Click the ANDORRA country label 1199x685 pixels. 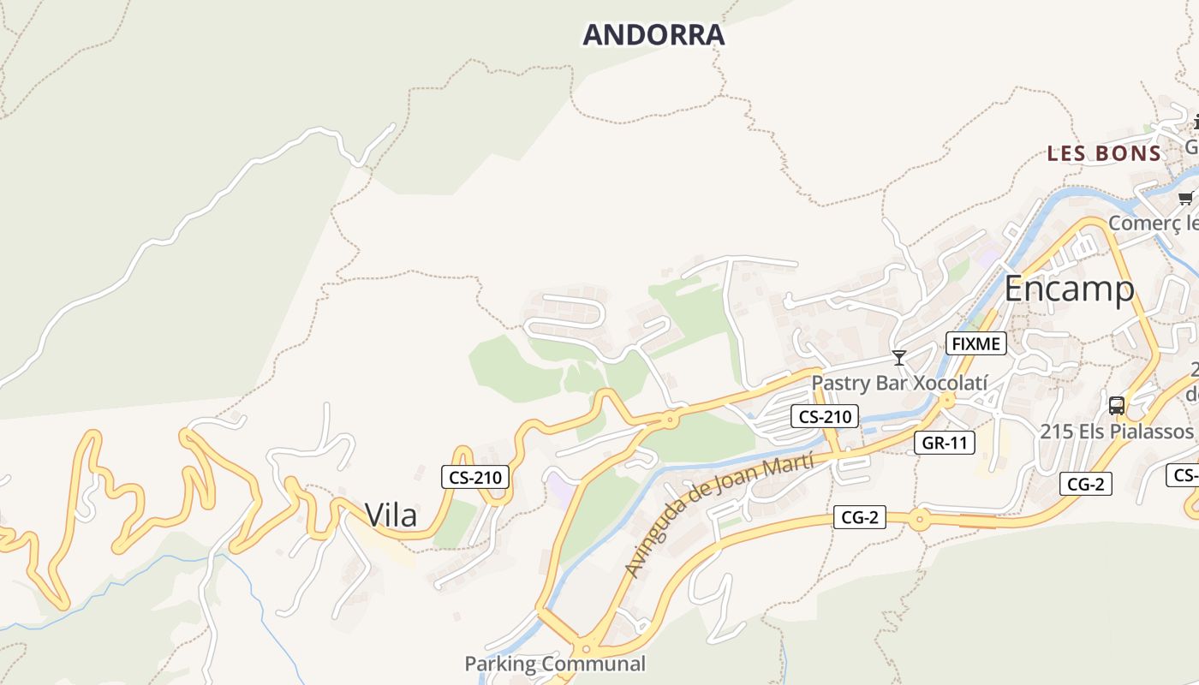point(653,35)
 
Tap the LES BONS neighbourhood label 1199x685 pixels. point(1104,154)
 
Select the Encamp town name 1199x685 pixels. point(1069,289)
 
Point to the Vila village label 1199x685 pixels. point(391,515)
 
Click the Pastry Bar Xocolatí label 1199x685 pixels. point(899,382)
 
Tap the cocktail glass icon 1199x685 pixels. point(898,357)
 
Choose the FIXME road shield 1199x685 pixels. point(975,344)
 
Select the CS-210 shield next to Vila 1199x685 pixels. point(475,477)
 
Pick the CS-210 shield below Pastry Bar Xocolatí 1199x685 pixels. point(823,417)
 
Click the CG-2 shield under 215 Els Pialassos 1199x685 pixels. point(1085,484)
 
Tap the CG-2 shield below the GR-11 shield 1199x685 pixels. point(859,517)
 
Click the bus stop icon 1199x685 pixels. point(1116,405)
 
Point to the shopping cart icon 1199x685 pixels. point(1185,199)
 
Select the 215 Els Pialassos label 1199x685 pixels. point(1116,431)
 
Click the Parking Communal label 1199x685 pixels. point(555,664)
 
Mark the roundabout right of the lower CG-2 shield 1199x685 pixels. point(919,519)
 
